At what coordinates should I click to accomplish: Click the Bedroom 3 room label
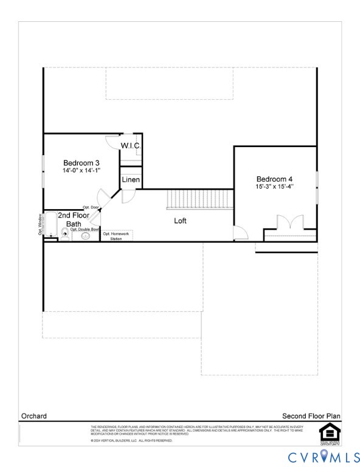(81, 163)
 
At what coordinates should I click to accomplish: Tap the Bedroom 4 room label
(274, 179)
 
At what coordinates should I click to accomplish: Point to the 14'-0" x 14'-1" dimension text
(81, 171)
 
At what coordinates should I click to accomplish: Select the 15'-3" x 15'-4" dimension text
(274, 187)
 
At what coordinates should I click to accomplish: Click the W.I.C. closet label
(131, 146)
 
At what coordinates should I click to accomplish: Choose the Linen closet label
(131, 180)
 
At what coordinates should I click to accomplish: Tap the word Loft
(180, 221)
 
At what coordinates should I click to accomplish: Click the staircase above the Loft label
(200, 199)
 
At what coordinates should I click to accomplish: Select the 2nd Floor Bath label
(77, 220)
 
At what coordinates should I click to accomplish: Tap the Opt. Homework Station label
(116, 237)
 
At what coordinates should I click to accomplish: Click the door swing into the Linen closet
(129, 196)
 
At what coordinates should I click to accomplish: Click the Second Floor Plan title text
(311, 417)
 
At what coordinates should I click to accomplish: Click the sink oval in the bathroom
(85, 236)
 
